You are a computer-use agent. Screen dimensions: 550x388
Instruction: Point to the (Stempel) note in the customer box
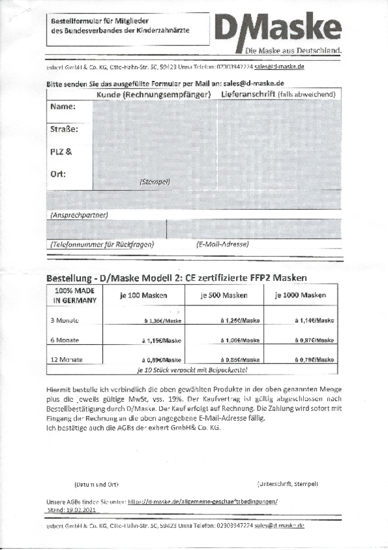[x=155, y=182]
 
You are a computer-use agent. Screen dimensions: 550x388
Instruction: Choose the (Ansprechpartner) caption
[x=78, y=214]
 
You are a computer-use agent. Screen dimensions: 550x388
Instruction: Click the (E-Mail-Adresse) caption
[x=222, y=244]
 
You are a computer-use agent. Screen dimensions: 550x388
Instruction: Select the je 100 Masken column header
[x=144, y=295]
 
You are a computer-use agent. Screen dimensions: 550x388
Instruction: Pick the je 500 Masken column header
[x=222, y=295]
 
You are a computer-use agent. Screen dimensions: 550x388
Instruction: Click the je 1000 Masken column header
[x=299, y=295]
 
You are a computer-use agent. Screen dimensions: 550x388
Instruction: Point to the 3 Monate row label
[x=65, y=320]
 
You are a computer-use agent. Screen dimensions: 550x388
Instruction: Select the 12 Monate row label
[x=67, y=359]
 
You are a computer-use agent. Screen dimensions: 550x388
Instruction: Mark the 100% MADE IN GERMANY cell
[x=74, y=296]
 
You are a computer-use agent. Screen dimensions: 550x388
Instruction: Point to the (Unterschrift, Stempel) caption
[x=287, y=483]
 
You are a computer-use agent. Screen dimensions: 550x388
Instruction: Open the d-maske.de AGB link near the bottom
[x=202, y=501]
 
